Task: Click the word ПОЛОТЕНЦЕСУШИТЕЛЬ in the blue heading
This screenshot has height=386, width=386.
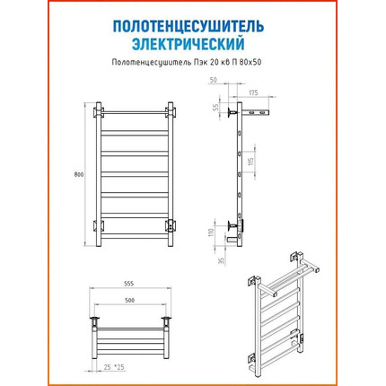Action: [x=189, y=27]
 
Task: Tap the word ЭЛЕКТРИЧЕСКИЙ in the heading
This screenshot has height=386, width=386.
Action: [x=189, y=44]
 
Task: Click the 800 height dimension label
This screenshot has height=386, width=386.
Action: [x=79, y=175]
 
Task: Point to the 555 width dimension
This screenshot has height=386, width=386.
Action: [x=129, y=284]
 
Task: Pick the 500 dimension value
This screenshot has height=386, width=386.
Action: [x=129, y=301]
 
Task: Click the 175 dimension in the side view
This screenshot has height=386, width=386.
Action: [x=253, y=92]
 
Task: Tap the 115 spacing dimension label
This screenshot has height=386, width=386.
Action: [x=251, y=162]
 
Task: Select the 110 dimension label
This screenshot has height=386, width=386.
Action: [x=212, y=232]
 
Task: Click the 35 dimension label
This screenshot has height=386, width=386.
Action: [x=222, y=260]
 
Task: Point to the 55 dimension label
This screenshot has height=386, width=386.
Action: [x=215, y=108]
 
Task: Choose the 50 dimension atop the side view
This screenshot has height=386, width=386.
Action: [x=214, y=80]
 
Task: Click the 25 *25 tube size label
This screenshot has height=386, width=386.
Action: [x=114, y=367]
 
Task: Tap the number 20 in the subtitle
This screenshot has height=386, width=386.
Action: [x=214, y=63]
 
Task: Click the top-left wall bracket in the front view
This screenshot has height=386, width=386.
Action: [x=99, y=112]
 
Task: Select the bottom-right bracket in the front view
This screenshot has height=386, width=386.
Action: [x=171, y=226]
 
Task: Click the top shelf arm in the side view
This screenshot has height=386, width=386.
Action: [x=256, y=113]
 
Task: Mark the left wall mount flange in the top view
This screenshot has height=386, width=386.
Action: [x=94, y=318]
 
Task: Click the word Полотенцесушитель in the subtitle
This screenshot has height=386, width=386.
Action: [x=150, y=63]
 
